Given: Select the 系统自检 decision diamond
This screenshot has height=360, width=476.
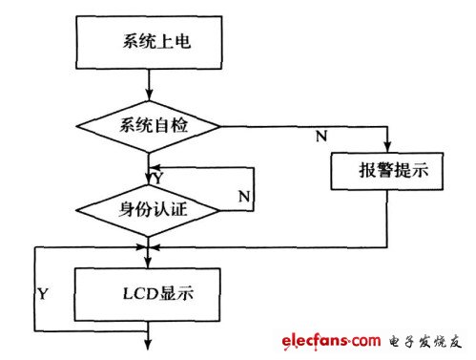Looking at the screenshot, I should [x=148, y=125].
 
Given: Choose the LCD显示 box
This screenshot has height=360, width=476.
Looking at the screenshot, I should [x=148, y=292].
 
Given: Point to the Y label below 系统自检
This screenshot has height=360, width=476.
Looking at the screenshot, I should [x=155, y=177].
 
